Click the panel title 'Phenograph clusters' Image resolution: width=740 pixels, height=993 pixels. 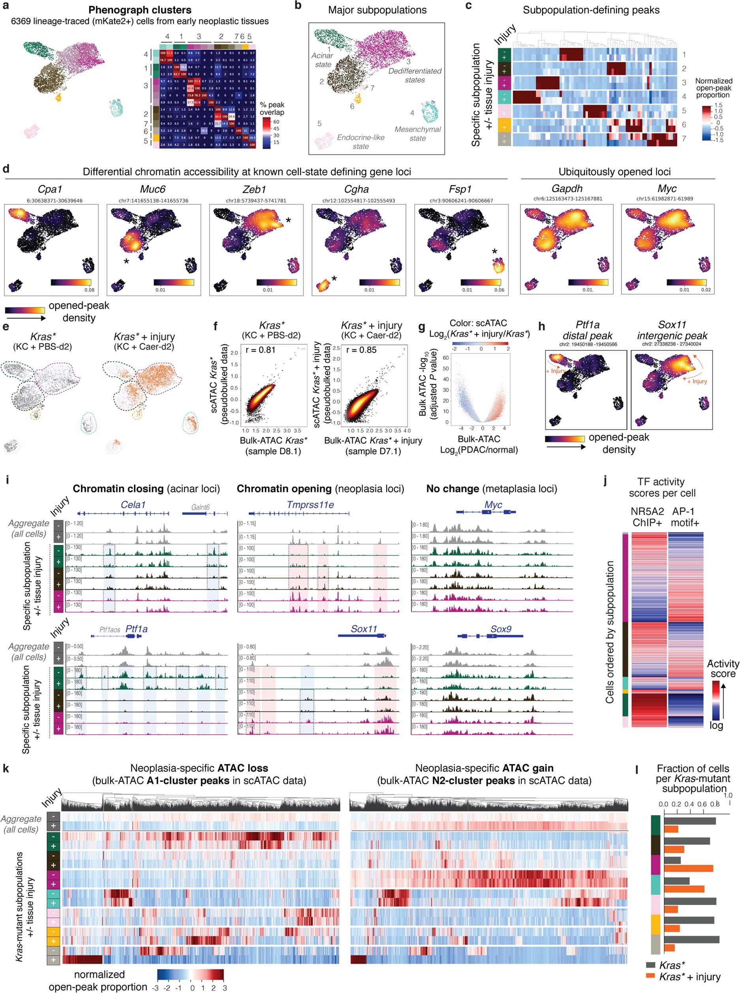point(140,10)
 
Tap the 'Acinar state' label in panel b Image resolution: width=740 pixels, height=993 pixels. point(323,60)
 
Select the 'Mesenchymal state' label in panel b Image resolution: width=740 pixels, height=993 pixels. point(417,133)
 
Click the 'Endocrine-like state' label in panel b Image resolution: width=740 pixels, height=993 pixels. point(361,141)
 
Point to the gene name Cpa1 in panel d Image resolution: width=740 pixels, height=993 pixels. point(50,189)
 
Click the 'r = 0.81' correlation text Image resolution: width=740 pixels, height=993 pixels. point(260,350)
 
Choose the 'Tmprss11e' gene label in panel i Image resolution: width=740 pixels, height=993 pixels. point(310,505)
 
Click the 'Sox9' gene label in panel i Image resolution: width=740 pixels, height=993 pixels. point(501,629)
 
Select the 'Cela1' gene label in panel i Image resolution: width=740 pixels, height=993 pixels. point(133,505)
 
